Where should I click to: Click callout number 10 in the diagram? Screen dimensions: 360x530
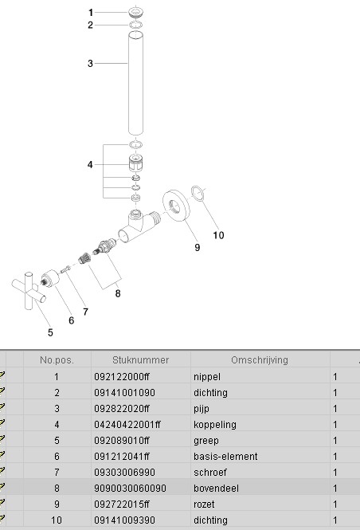(218, 235)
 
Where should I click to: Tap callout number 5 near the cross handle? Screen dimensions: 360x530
(50, 332)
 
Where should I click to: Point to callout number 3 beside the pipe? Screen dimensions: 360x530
(90, 64)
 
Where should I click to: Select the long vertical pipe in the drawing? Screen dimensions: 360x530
(135, 82)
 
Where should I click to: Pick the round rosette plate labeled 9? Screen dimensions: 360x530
(176, 206)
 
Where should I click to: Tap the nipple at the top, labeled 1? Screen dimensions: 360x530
(135, 13)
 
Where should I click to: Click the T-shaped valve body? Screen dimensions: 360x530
(139, 226)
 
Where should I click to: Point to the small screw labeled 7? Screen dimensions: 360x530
(65, 269)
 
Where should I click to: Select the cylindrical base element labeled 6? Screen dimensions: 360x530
(49, 279)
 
